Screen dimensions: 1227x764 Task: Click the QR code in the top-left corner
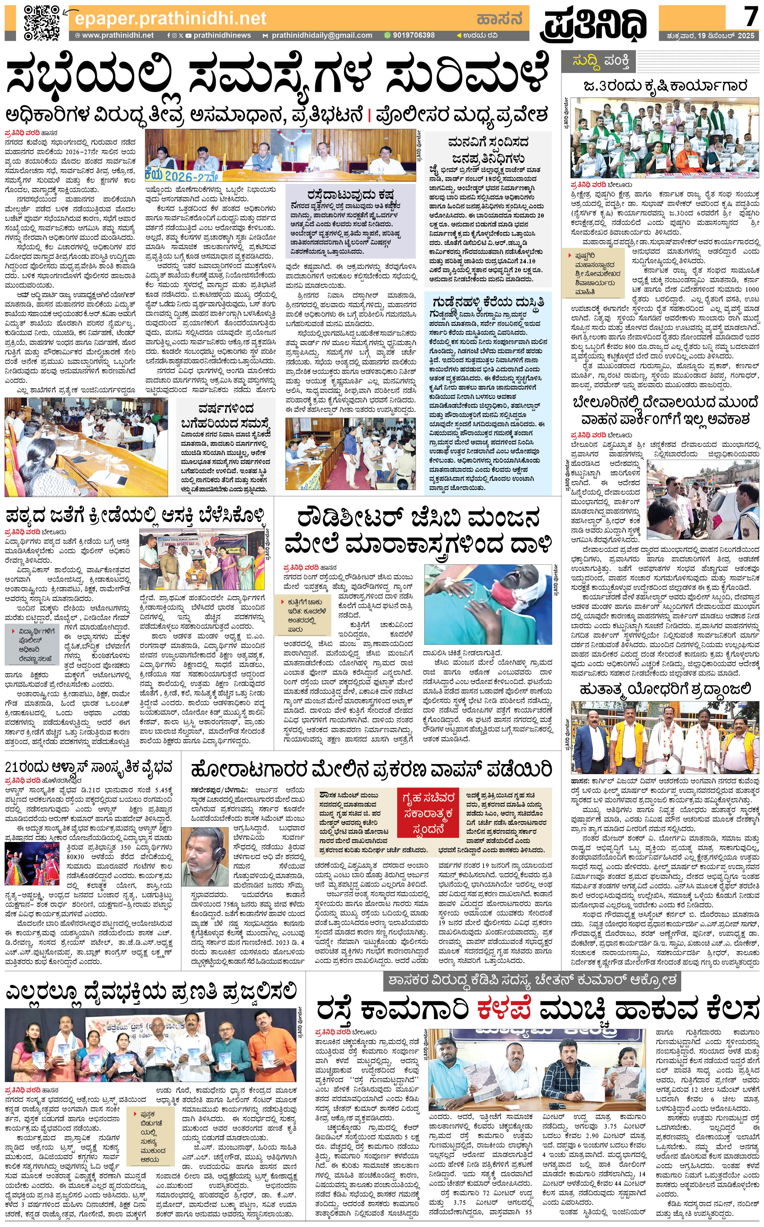[x=42, y=23]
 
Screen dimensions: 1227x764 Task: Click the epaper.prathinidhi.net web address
[x=170, y=19]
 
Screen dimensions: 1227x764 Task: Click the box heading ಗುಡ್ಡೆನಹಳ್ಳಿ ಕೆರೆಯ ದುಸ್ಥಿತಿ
[x=488, y=303]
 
